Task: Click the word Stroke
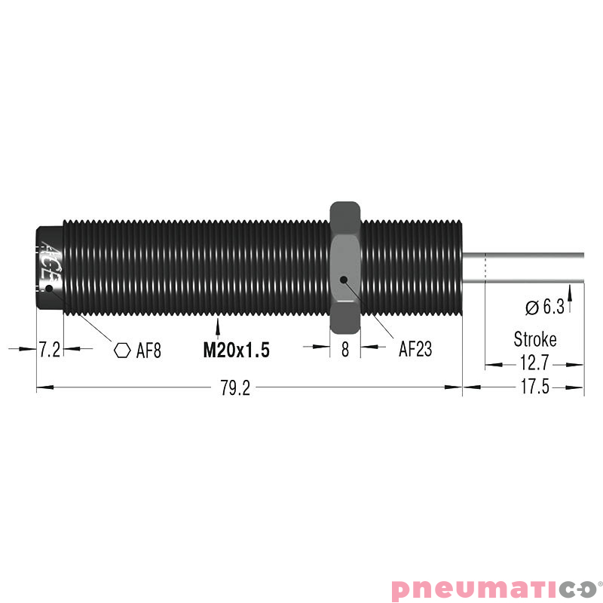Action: tap(535, 338)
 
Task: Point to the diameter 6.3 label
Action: tap(545, 307)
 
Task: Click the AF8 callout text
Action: tap(148, 350)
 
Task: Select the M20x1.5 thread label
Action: tap(236, 350)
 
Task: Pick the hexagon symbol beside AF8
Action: tap(121, 350)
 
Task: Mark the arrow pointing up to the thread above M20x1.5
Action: tap(218, 326)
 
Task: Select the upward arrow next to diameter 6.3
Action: tap(571, 303)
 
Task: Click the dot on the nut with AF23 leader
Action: tap(344, 280)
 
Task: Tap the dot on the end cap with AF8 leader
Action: tap(51, 288)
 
